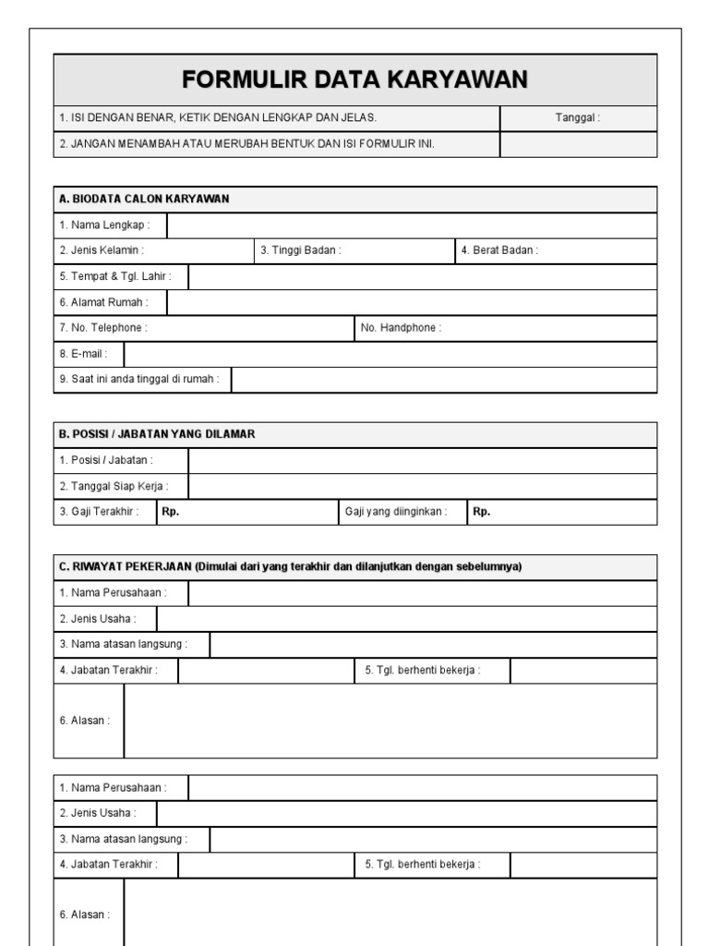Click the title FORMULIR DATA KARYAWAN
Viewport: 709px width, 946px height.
(354, 80)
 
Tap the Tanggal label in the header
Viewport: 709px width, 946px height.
(577, 118)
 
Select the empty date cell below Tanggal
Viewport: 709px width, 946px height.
(578, 144)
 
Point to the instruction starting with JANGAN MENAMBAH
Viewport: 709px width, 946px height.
(246, 144)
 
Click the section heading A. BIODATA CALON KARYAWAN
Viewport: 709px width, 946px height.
(144, 199)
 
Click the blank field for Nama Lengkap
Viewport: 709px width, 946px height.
(412, 224)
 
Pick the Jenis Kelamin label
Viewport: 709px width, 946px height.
(102, 250)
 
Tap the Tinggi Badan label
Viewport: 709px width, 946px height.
(301, 250)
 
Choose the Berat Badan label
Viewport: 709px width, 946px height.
(499, 250)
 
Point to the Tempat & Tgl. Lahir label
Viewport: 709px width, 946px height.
(115, 276)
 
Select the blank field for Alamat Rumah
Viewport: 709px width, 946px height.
(412, 302)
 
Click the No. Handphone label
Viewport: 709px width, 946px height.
(401, 328)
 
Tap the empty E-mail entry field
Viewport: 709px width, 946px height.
(391, 354)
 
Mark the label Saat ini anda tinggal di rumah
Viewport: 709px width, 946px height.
(139, 380)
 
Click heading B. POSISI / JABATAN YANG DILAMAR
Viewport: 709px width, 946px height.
(157, 434)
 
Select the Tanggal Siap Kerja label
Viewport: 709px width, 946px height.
(114, 486)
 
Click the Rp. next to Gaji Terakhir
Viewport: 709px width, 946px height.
(170, 512)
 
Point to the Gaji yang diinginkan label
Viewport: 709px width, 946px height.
(396, 512)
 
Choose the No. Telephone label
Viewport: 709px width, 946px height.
(102, 328)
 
